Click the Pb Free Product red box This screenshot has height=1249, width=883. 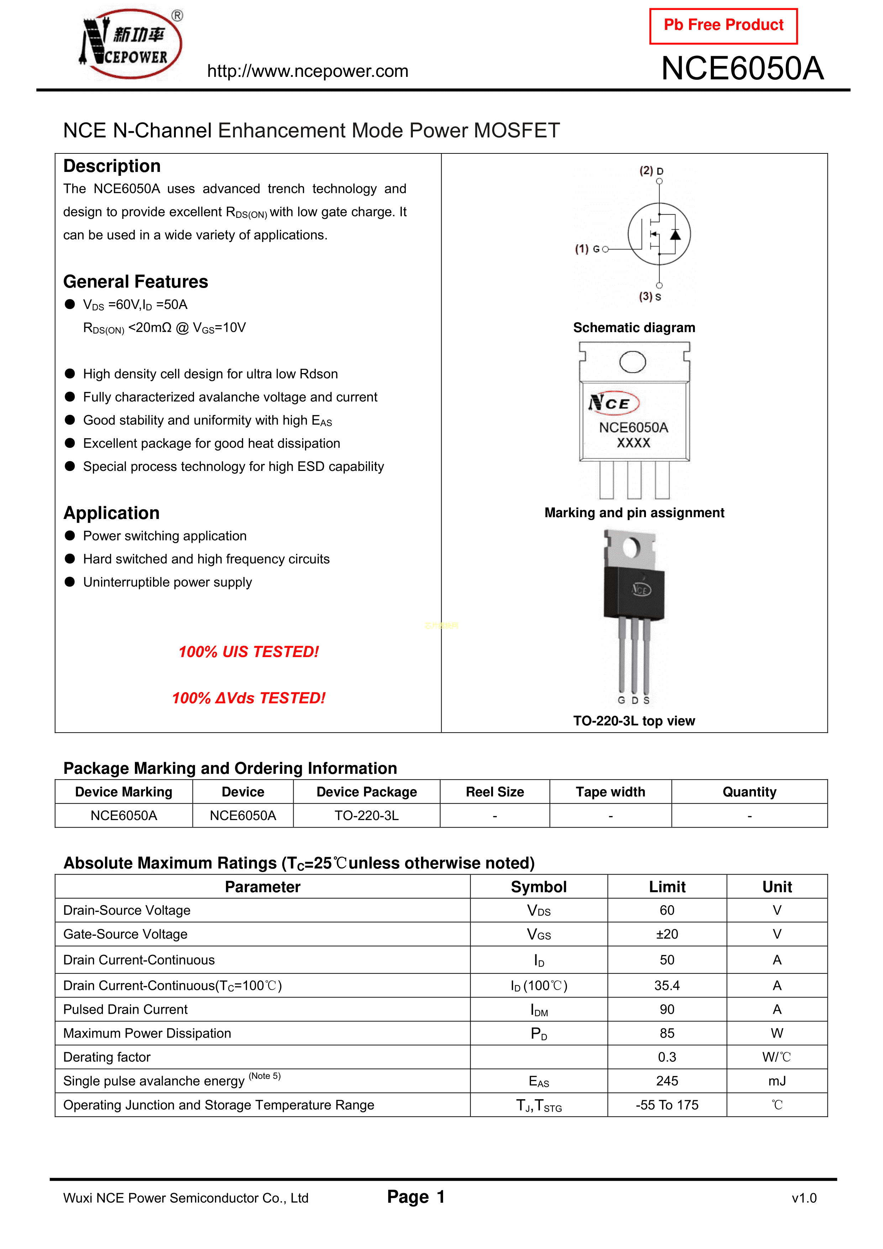(x=723, y=26)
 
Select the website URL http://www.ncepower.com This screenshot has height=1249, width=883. (x=308, y=71)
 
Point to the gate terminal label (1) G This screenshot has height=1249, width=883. (x=588, y=249)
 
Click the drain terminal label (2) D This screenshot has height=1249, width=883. (x=651, y=171)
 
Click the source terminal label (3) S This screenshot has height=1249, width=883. (x=650, y=296)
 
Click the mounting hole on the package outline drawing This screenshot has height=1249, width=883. (x=633, y=362)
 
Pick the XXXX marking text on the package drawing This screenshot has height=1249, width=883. (x=633, y=443)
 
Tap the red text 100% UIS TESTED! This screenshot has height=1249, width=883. (x=249, y=652)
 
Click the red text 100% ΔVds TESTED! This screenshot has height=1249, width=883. (x=249, y=698)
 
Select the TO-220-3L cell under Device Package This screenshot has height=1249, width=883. (x=367, y=815)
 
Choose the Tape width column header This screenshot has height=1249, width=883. (x=610, y=792)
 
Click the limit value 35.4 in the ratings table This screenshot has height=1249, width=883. (x=667, y=986)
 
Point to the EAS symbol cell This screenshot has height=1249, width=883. (x=538, y=1081)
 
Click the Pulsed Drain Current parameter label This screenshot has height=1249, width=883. (x=126, y=1010)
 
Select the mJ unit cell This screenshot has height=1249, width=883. (x=777, y=1081)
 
